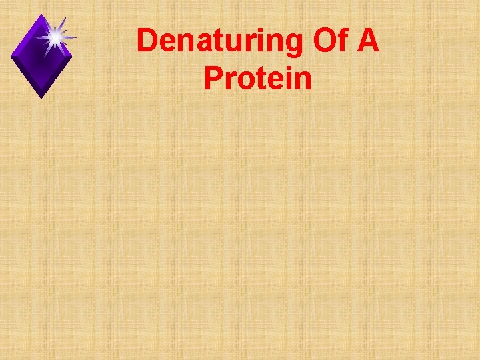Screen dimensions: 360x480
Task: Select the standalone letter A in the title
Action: tap(367, 41)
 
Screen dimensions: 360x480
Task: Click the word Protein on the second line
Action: tap(258, 78)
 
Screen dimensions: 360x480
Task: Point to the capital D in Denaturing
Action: tap(148, 41)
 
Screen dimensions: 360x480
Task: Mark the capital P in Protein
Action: tap(213, 78)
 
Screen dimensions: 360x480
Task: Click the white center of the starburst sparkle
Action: tap(54, 37)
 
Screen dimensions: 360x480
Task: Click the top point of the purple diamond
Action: tap(43, 15)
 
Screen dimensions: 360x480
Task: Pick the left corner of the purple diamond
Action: tap(12, 55)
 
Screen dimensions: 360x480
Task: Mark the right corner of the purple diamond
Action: tap(72, 55)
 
